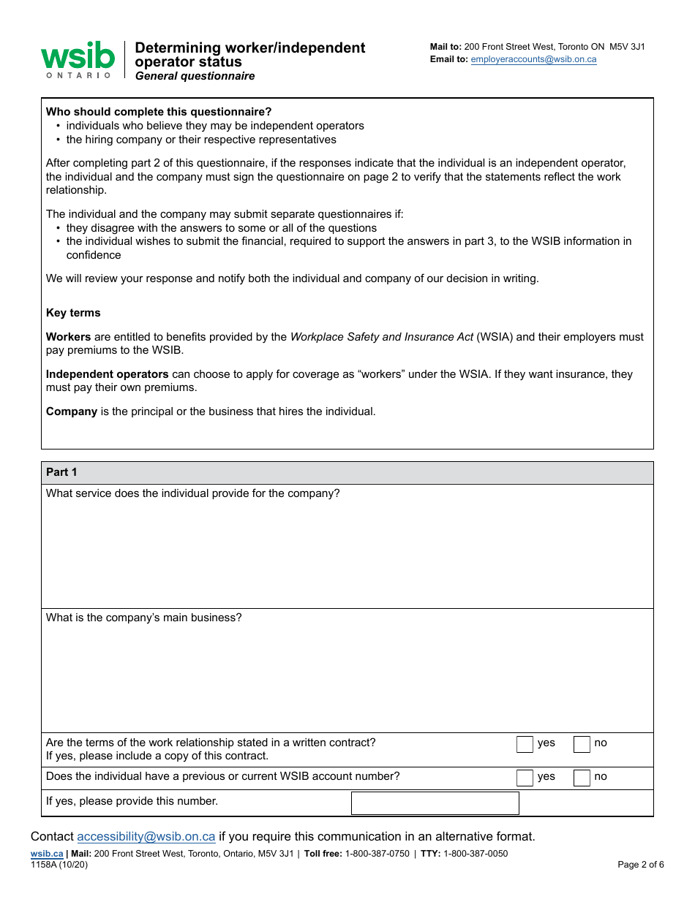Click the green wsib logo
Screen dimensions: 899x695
tap(78, 58)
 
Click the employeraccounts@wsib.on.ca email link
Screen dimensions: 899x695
tap(533, 59)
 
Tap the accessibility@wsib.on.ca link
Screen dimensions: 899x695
tap(146, 836)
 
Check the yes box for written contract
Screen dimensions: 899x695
tap(525, 744)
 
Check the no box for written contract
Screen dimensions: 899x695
tap(582, 744)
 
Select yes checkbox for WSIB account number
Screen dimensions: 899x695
tap(525, 778)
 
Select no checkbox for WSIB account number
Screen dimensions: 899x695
tap(582, 778)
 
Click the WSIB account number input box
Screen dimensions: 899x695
tap(435, 803)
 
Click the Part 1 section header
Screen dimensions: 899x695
tap(61, 472)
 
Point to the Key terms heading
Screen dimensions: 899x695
tap(73, 313)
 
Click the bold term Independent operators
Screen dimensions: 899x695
tap(108, 374)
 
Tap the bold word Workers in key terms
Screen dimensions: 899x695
tap(68, 337)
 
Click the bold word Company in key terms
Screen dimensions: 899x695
tap(72, 411)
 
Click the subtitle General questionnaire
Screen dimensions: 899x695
tap(195, 76)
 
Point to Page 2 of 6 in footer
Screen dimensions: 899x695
tap(640, 865)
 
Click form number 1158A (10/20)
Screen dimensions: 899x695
tap(59, 865)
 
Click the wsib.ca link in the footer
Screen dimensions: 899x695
tap(47, 854)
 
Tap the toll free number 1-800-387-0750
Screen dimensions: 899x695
tap(377, 854)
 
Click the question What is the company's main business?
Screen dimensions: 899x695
tap(143, 618)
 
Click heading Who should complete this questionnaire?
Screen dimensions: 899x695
tap(159, 112)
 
